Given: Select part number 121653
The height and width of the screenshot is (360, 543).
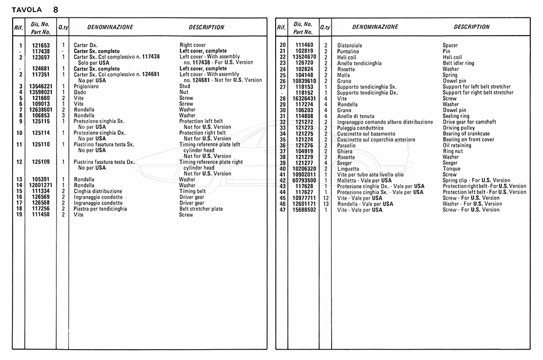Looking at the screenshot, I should pos(41,46).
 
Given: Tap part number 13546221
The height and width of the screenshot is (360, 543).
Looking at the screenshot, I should pos(41,86).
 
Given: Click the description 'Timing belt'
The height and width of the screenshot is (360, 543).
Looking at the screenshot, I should pos(192,191).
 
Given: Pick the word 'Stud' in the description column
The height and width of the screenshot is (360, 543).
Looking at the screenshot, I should pos(185,86).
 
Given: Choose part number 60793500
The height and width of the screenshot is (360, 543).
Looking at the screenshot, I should pos(305,180).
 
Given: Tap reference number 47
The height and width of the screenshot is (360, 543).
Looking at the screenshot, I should pos(282,210).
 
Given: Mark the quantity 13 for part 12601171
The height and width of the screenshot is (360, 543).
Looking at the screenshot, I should pos(325,204).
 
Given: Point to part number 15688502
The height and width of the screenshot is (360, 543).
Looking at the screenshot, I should pos(305,210).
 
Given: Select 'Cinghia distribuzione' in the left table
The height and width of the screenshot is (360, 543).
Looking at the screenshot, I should pos(98,191).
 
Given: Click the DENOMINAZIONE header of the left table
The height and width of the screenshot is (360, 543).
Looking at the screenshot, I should pos(110,27).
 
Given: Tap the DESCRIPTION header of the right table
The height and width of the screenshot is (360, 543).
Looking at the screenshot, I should pos(471,27).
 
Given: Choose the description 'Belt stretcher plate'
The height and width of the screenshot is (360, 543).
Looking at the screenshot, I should pos(201,209).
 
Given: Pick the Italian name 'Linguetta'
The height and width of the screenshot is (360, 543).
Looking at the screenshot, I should pos(348,169).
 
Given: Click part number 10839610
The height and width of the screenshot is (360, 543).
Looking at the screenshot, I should pos(305,81).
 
